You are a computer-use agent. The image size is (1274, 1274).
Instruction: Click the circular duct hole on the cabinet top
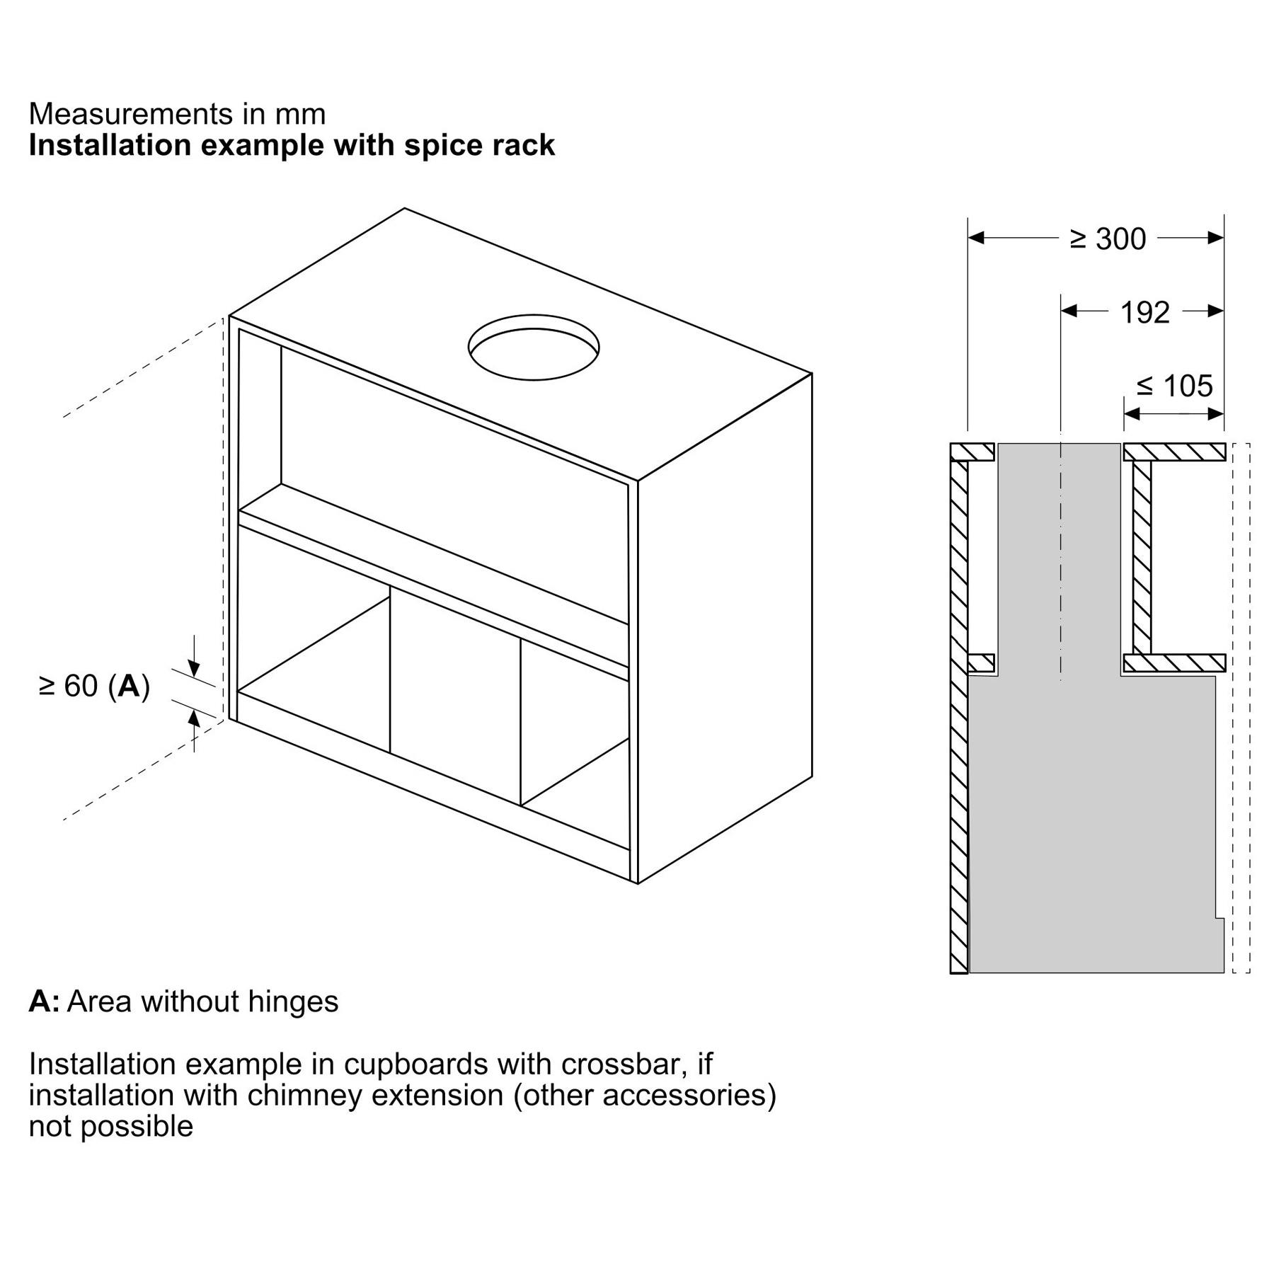(x=534, y=347)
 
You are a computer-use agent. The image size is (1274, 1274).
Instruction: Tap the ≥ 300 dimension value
(x=1108, y=239)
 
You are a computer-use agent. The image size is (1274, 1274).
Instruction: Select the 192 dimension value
(x=1145, y=312)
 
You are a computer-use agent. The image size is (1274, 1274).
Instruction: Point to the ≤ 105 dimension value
(x=1175, y=386)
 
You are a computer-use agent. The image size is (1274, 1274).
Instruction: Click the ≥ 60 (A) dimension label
(x=95, y=686)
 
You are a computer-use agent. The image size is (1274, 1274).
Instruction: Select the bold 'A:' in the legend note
(x=44, y=1002)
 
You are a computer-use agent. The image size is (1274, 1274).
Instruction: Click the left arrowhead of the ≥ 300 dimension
(x=976, y=238)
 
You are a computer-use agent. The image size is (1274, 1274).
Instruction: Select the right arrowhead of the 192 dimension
(x=1216, y=311)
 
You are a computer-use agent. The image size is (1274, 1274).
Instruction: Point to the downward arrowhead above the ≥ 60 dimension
(x=195, y=669)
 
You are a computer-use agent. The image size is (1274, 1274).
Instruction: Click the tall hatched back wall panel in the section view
(x=958, y=708)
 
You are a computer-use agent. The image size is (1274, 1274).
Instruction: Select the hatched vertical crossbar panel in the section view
(x=1142, y=557)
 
